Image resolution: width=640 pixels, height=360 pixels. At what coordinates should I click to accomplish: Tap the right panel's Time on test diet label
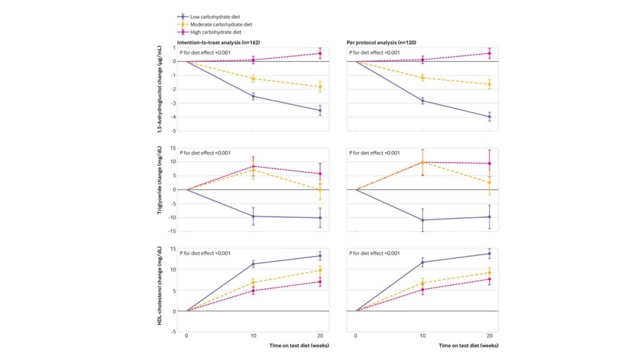tap(469, 345)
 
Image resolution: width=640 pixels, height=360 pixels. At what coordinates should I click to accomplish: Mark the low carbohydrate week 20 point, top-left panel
tap(320, 111)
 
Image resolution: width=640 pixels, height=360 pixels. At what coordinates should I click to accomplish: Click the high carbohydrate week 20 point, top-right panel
tap(489, 53)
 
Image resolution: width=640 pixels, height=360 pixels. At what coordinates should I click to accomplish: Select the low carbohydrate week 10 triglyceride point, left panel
tap(253, 216)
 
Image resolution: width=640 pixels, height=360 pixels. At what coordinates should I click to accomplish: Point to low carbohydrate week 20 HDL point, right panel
tap(489, 253)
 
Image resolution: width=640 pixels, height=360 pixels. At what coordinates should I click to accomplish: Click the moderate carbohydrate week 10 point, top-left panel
tap(253, 79)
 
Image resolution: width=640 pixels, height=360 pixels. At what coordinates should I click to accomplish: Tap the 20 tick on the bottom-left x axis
tap(320, 336)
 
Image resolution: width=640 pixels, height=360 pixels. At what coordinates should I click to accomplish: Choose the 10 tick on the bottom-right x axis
tap(422, 336)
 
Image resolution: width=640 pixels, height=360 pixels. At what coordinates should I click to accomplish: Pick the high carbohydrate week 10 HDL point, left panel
tap(253, 291)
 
